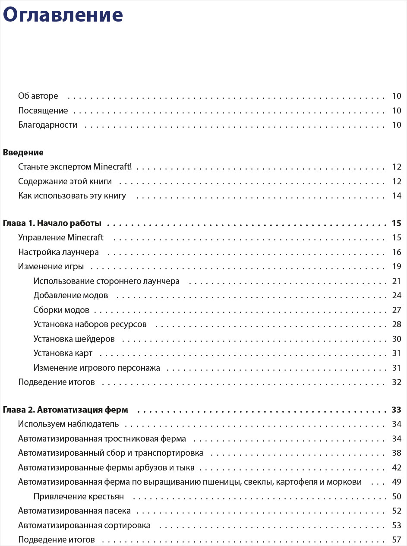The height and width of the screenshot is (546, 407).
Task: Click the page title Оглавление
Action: click(x=63, y=15)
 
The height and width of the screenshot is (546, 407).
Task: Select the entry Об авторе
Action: click(x=38, y=96)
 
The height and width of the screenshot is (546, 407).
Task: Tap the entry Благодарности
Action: click(x=47, y=125)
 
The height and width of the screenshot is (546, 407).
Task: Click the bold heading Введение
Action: click(x=23, y=152)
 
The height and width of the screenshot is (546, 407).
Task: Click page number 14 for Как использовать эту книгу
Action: click(x=397, y=196)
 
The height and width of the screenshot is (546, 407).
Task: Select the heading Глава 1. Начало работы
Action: click(x=52, y=223)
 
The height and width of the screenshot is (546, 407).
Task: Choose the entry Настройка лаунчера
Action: click(x=58, y=252)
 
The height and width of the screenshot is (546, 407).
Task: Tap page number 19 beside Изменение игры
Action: click(x=397, y=266)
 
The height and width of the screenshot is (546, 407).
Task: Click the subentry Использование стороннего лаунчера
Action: click(x=106, y=281)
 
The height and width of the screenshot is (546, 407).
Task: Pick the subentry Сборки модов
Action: click(x=61, y=310)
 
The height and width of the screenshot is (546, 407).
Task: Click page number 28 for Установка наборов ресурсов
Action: click(x=397, y=324)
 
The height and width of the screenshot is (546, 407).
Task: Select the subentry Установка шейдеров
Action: click(x=74, y=339)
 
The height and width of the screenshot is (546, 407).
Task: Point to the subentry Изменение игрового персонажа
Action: click(x=97, y=368)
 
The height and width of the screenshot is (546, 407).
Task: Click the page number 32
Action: click(x=397, y=382)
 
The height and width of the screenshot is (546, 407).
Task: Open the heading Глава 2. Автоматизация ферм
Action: click(x=65, y=410)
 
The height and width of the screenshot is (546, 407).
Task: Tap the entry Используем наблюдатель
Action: click(x=68, y=424)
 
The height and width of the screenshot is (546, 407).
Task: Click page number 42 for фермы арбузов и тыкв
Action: click(x=397, y=467)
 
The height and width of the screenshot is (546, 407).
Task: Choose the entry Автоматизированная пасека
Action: click(x=74, y=511)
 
